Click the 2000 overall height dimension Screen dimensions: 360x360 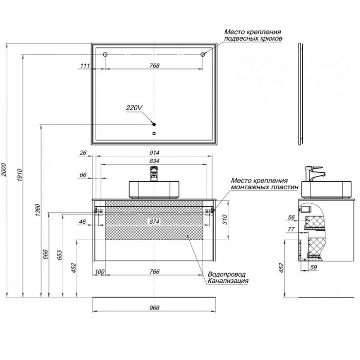tap(4, 170)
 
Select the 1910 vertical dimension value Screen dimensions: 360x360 tap(20, 175)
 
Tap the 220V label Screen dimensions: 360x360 tap(134, 107)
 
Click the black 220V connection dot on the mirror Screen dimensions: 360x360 tap(154, 124)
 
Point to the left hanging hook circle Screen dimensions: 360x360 tap(105, 55)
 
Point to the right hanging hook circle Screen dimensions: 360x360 tap(203, 55)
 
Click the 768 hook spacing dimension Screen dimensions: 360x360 tap(154, 66)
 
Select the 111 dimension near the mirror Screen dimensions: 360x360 tap(85, 66)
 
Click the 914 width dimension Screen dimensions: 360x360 tap(154, 153)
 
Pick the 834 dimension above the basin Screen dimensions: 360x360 tap(154, 161)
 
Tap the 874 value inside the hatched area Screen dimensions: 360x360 tap(154, 222)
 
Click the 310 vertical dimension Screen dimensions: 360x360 tap(225, 220)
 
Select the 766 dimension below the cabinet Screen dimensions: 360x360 tap(154, 272)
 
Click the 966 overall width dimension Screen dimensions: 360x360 tap(154, 308)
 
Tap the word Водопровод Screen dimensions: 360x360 tap(227, 275)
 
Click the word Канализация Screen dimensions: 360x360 tap(228, 281)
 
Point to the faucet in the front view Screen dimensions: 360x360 tap(154, 174)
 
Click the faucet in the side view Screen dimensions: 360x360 tap(315, 174)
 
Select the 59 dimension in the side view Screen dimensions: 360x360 tap(313, 267)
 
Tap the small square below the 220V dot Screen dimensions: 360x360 tap(154, 133)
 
